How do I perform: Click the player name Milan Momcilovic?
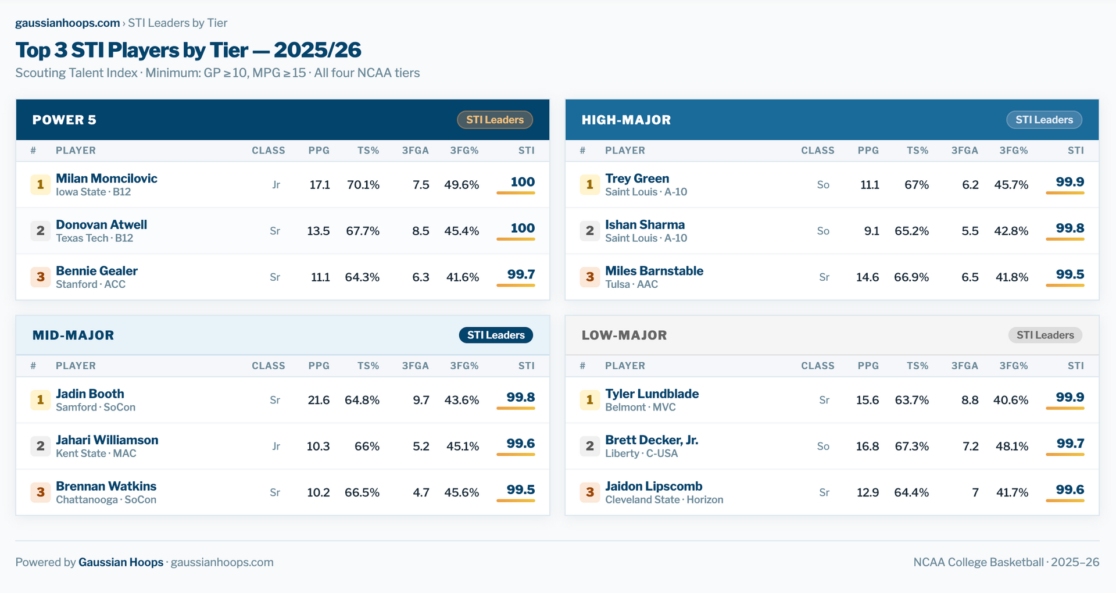pos(106,178)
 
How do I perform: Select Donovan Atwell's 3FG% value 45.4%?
pos(462,231)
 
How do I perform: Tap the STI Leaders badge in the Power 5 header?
pos(495,120)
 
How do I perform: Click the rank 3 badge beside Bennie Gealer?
pos(41,277)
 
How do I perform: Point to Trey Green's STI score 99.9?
pos(1069,183)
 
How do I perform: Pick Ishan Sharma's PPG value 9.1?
pos(871,231)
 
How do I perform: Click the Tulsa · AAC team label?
pos(631,284)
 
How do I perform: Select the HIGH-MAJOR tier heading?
pos(626,120)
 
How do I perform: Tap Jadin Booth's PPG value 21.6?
pos(319,400)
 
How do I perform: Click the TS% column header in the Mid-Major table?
pos(368,366)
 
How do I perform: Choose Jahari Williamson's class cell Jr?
pos(276,446)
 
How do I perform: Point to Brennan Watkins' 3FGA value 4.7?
pos(421,492)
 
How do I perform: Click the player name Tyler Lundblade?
pos(652,394)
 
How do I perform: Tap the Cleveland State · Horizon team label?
pos(664,500)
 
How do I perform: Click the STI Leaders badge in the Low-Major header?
pos(1045,335)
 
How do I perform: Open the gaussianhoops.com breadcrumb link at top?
pos(67,23)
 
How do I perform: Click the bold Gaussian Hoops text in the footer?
pos(121,562)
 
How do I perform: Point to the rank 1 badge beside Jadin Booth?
pos(41,400)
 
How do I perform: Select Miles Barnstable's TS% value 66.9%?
pos(911,277)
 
